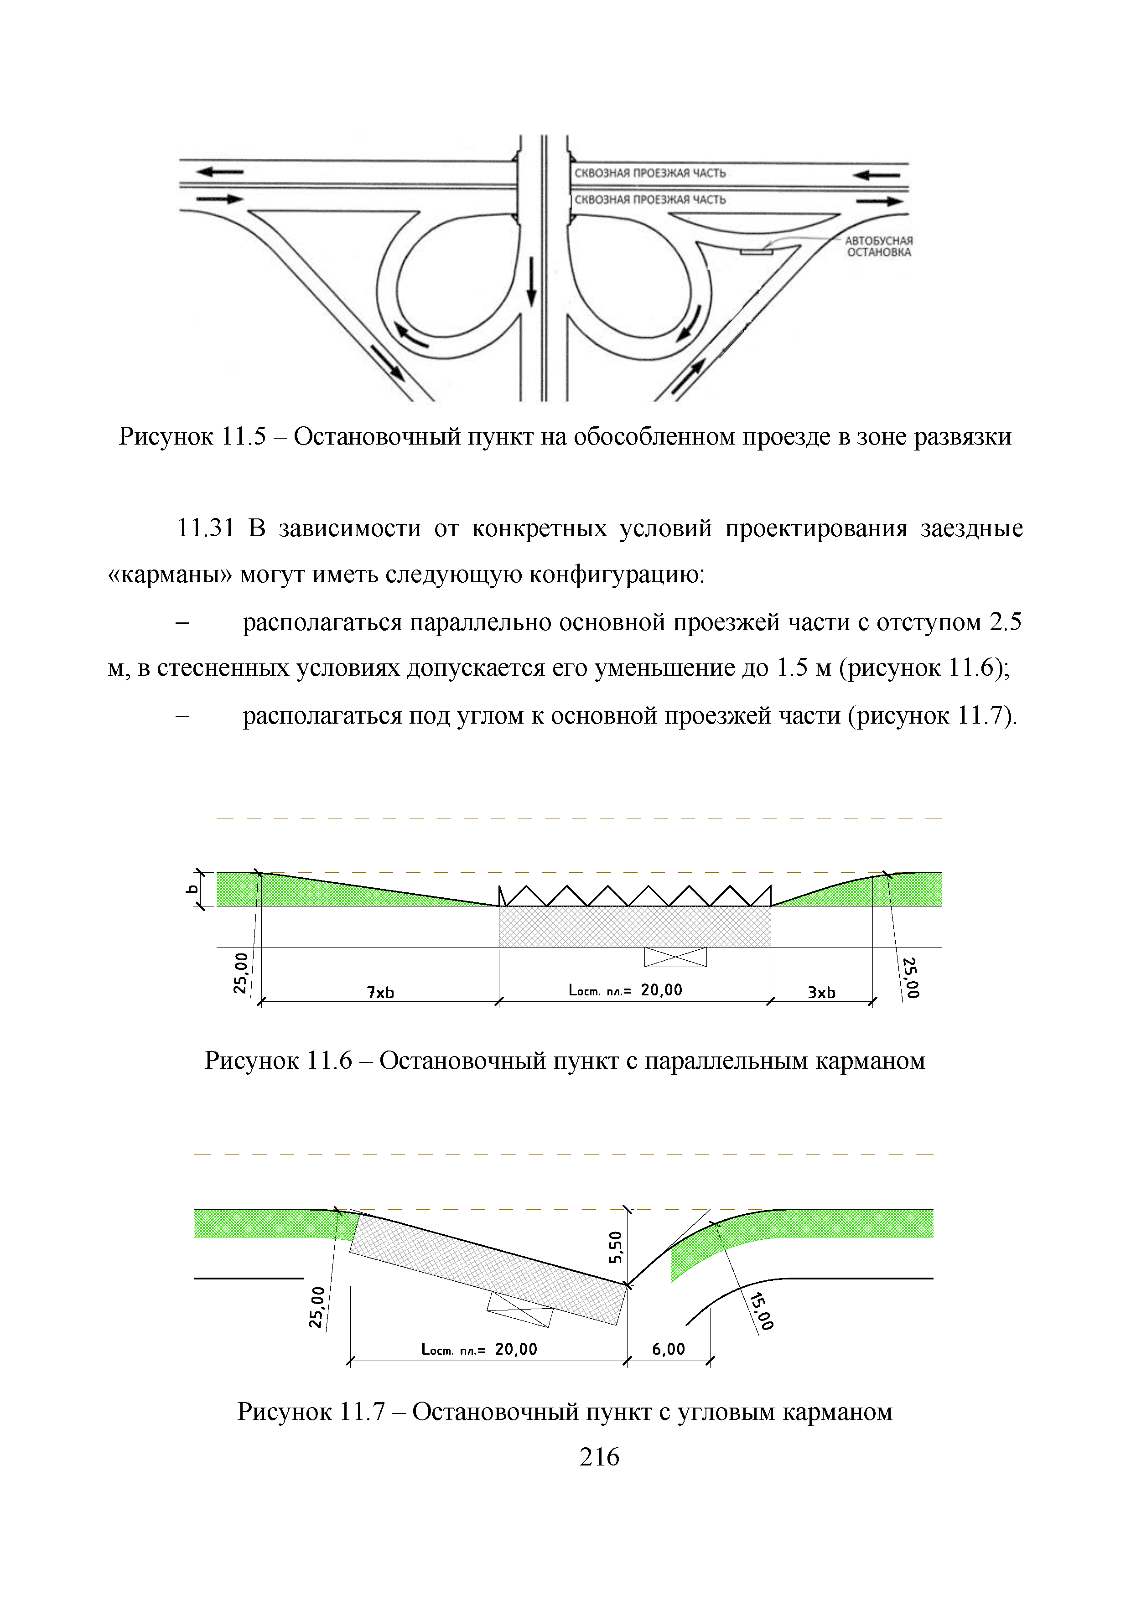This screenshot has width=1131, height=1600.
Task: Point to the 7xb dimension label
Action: point(380,992)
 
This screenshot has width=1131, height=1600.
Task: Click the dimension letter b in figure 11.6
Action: point(192,889)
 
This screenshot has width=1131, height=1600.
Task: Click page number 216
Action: point(599,1456)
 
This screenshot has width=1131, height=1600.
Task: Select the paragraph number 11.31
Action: point(206,528)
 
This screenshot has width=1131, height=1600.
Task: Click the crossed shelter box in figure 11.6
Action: point(675,957)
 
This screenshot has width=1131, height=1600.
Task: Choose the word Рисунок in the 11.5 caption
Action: point(166,437)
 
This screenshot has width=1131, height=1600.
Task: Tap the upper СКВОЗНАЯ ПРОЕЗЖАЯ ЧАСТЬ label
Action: point(649,173)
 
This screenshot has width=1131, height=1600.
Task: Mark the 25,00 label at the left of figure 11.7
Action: point(317,1307)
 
